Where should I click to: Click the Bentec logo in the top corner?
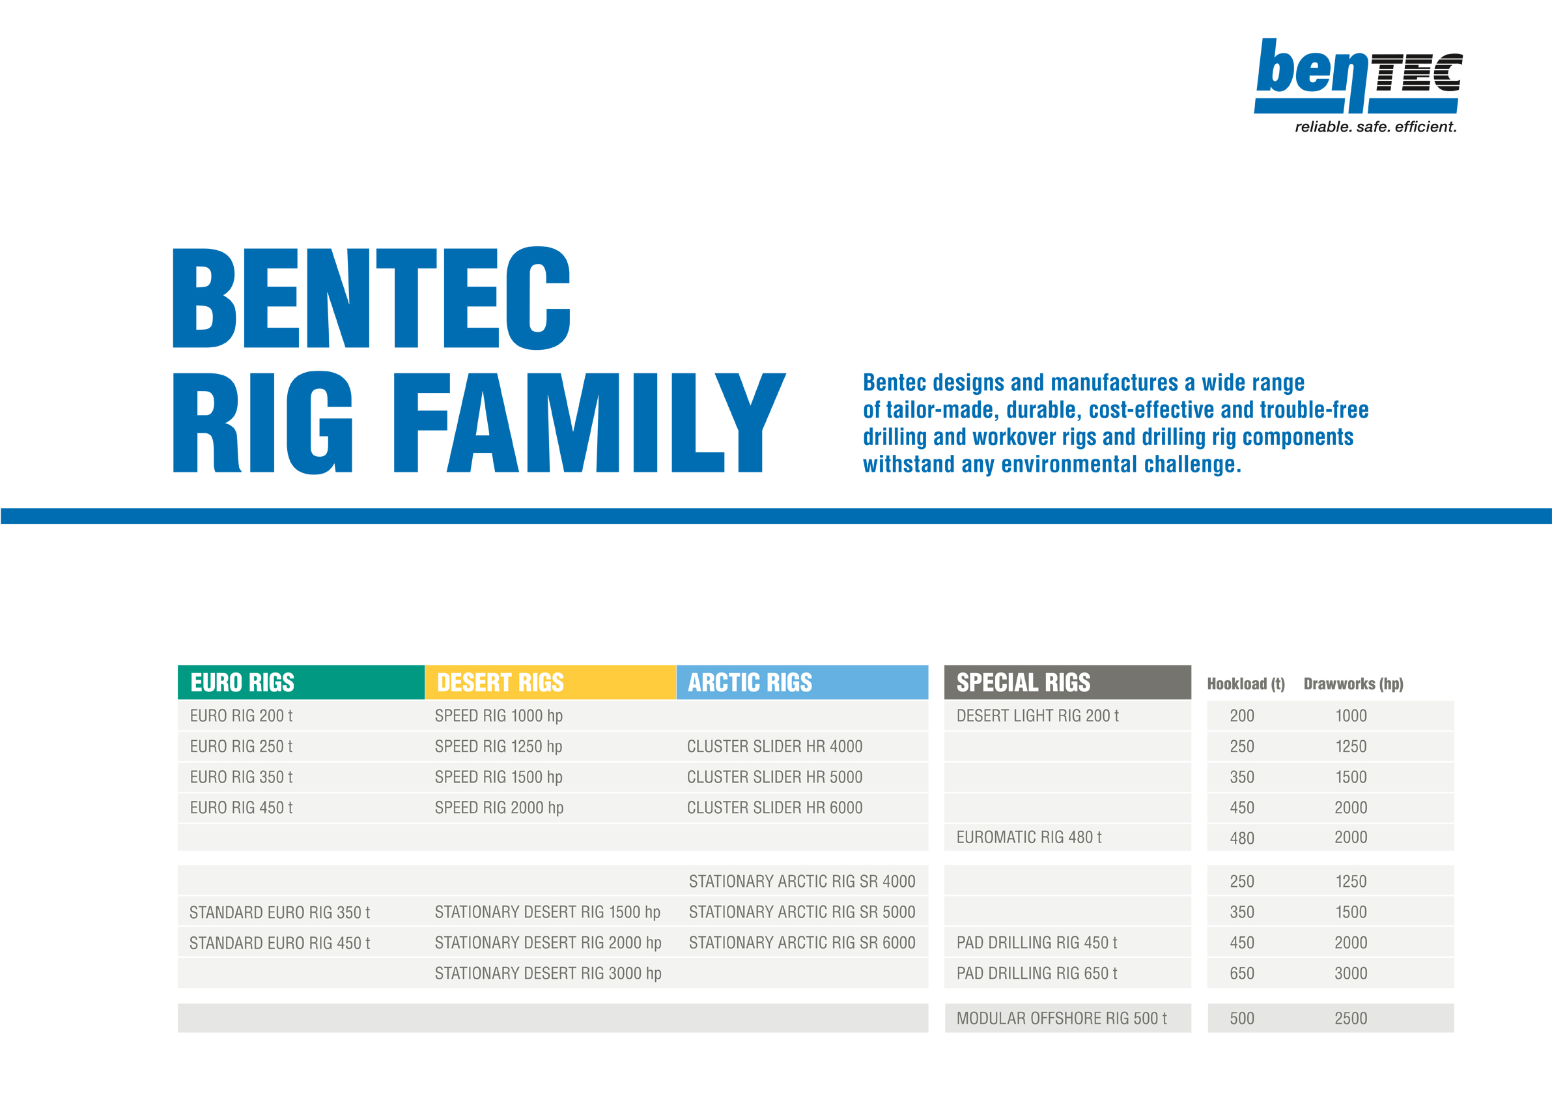(1358, 76)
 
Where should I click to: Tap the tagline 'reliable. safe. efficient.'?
(1376, 126)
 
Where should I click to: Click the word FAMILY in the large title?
(589, 423)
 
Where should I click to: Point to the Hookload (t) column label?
(1246, 684)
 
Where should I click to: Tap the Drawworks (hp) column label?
(1353, 684)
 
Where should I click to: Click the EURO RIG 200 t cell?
(242, 715)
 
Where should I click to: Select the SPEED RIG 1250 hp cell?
(498, 747)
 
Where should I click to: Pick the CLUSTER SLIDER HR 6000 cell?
(774, 807)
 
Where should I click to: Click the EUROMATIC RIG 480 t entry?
(1029, 837)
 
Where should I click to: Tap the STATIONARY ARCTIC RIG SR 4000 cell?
(802, 881)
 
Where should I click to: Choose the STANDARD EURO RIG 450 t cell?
(280, 943)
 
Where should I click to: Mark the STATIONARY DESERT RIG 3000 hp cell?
(548, 973)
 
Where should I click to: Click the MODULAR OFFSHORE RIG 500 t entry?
(1061, 1018)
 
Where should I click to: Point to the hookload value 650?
(1242, 973)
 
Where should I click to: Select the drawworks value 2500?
(1351, 1018)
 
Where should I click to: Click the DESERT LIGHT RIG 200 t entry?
(1037, 715)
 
